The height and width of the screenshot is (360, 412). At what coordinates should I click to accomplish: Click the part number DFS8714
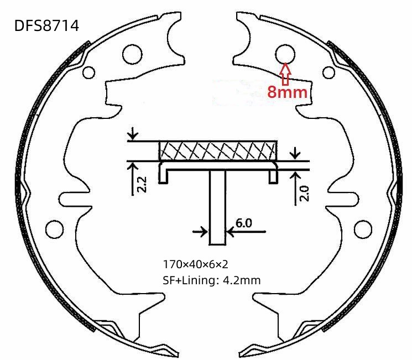(x=46, y=26)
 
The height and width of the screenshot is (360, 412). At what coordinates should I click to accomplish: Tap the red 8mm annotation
(x=288, y=92)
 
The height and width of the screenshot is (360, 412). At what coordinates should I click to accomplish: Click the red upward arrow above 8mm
(x=285, y=74)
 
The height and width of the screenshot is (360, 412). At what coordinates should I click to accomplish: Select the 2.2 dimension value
(x=142, y=185)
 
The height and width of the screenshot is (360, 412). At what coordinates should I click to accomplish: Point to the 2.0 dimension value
(x=304, y=194)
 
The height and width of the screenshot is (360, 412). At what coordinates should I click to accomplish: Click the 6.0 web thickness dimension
(x=243, y=223)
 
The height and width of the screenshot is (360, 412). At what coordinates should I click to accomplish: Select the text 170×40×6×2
(x=195, y=264)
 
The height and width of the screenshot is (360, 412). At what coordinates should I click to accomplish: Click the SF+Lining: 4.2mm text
(x=211, y=280)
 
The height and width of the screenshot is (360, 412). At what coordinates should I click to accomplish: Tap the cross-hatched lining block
(x=218, y=151)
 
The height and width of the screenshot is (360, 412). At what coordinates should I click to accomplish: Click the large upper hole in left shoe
(x=132, y=54)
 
